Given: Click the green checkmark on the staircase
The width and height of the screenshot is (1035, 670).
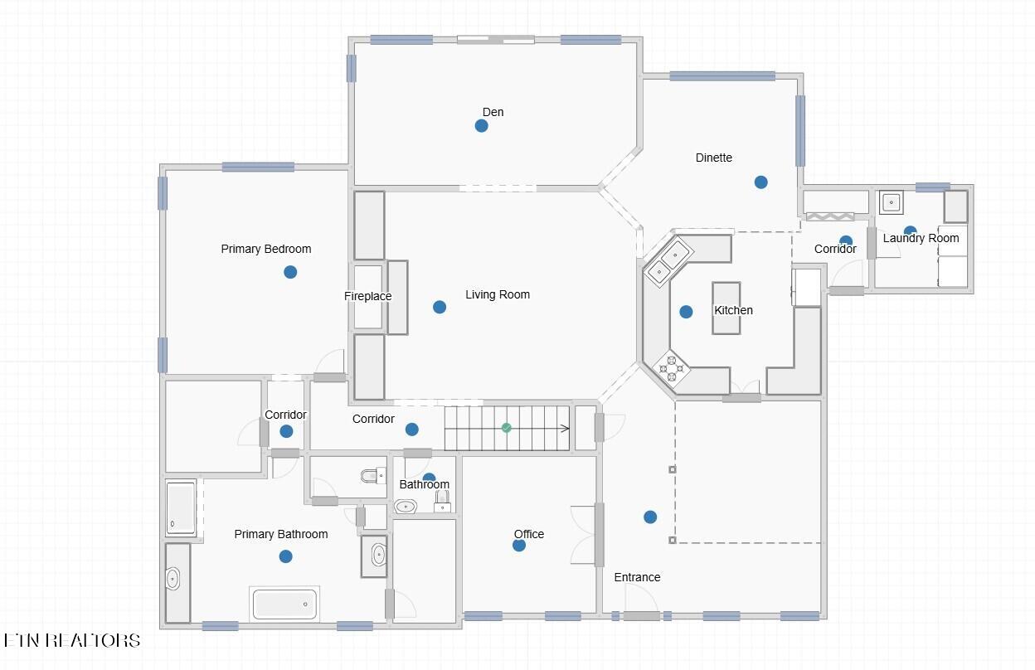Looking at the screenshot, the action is [507, 428].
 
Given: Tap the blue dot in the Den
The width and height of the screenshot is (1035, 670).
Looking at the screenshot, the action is [482, 126].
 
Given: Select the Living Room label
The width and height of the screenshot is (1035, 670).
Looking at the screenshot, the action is [498, 294].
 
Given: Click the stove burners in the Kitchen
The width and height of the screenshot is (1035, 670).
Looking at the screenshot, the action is [672, 368].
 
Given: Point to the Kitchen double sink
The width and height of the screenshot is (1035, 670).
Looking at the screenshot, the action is [668, 262].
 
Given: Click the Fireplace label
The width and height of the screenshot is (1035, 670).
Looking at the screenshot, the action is [367, 296].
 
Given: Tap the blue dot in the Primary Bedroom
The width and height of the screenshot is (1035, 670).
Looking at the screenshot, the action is [290, 272].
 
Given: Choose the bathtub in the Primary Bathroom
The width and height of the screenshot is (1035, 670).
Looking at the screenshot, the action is [284, 604].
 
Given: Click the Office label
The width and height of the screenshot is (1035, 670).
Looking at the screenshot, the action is [529, 534].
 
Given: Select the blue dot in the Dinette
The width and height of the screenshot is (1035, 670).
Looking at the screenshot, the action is [761, 182].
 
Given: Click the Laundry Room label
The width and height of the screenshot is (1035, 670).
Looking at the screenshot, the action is [921, 239].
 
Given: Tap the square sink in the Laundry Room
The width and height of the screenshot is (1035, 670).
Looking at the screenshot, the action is [891, 202].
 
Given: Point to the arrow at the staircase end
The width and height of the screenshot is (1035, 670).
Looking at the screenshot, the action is [565, 429].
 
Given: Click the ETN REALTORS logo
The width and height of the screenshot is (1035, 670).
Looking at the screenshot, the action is [71, 640].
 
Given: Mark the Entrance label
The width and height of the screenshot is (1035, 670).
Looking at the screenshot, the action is [637, 577].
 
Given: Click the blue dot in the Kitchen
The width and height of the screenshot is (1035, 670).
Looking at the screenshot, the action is [686, 312].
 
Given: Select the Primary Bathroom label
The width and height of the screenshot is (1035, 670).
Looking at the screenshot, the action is [281, 534].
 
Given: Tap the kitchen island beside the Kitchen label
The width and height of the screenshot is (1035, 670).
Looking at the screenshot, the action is [726, 308].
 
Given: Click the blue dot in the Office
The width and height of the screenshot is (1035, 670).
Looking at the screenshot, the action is [519, 546].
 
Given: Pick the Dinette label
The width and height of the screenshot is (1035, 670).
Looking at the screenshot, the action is [714, 158].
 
